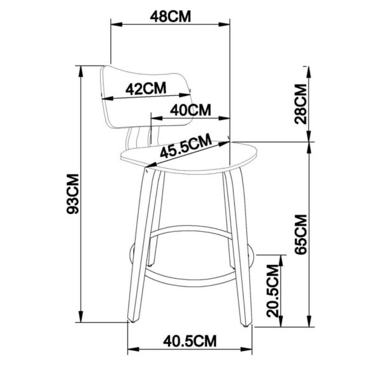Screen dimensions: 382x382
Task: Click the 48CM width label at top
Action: [170, 17]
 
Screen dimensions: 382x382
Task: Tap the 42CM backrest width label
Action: [146, 89]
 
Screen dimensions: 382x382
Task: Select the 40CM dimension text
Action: [190, 110]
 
